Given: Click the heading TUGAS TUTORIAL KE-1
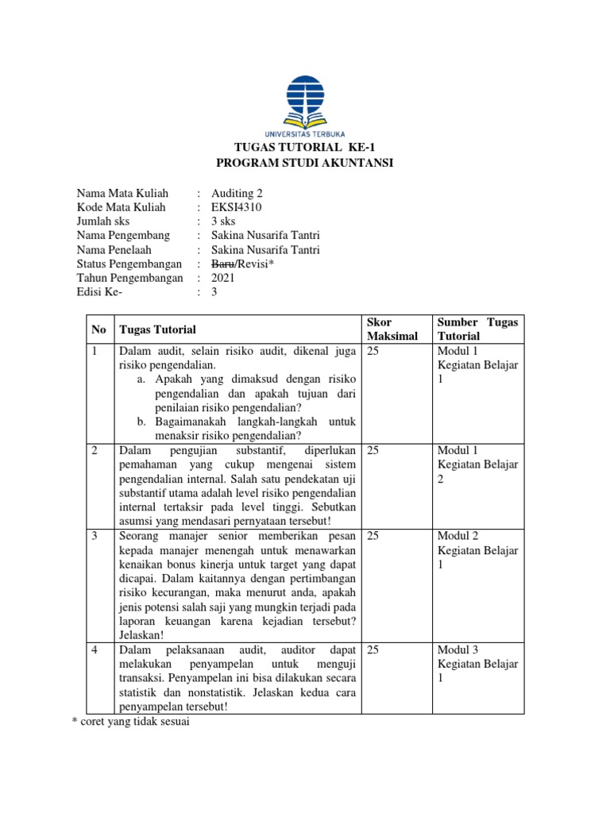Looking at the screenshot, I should coord(305,148).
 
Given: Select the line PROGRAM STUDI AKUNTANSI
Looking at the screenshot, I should coord(305,164).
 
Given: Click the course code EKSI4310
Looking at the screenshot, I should coord(237,207).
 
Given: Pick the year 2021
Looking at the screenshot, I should coord(224,278).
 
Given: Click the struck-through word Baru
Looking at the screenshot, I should coord(223,264).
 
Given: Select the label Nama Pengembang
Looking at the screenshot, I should coord(123,236).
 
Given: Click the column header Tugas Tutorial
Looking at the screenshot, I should coord(157,329).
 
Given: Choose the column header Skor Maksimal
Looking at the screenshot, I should coord(392,329).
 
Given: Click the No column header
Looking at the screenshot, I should coord(98,329).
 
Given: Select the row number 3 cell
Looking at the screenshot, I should coord(95,537).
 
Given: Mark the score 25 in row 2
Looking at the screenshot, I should coord(373,451).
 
